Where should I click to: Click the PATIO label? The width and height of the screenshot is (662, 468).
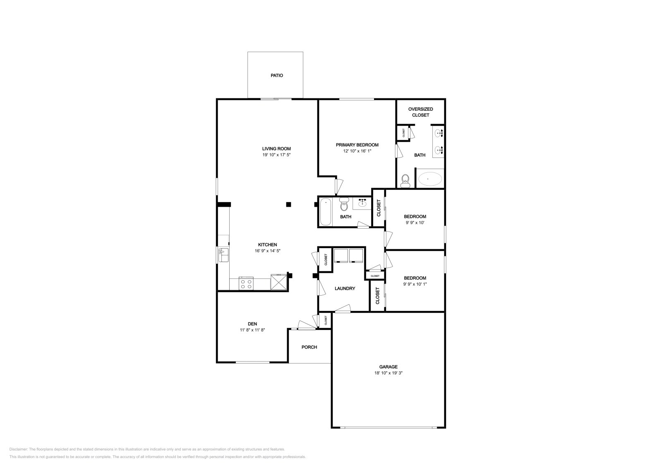277,76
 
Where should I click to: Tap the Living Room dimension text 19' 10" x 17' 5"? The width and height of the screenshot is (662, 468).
276,155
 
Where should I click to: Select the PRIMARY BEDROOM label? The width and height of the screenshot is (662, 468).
357,145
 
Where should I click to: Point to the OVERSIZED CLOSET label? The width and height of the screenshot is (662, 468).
420,112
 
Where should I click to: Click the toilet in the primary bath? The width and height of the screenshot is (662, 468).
405,181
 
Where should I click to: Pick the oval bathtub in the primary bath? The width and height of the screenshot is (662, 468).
429,179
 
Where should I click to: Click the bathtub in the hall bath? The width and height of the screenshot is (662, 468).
326,212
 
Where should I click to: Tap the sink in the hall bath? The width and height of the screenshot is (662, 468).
362,203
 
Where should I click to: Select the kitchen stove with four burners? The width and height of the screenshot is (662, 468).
246,284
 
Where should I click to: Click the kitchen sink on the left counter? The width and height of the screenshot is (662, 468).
223,255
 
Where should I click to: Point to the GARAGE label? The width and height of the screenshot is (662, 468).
388,367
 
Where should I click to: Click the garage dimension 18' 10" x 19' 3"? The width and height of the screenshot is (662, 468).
388,373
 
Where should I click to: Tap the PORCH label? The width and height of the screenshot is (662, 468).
309,347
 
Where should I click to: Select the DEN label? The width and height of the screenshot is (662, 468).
252,324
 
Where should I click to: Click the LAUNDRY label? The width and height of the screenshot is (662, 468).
345,289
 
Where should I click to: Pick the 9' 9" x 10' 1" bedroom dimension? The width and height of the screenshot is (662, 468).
415,284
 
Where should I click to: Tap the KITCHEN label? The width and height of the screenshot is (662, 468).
268,245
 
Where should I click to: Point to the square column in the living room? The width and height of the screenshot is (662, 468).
288,204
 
